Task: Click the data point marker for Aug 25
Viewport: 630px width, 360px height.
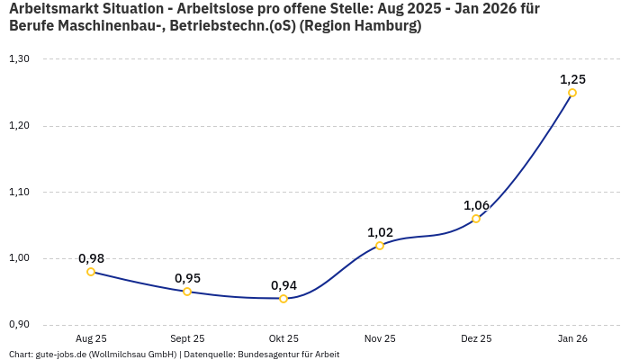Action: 91,272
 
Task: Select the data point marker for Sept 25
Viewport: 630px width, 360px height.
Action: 187,292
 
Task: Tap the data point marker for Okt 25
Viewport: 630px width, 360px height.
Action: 283,299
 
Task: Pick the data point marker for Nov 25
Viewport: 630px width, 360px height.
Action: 380,246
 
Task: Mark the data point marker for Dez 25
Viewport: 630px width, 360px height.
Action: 476,219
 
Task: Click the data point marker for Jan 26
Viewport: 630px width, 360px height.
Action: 572,93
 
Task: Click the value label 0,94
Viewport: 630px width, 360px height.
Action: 283,285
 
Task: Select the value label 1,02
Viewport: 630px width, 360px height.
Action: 380,232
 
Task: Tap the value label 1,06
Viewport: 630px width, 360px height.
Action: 476,205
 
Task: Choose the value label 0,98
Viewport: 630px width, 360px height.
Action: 91,258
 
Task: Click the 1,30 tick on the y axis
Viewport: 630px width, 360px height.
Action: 19,59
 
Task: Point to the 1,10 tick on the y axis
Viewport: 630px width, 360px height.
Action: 19,193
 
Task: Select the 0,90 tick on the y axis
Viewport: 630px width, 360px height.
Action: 19,325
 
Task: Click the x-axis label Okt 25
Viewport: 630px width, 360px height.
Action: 283,339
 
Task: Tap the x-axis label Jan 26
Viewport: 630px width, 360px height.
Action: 572,339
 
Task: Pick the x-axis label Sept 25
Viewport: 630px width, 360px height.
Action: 187,339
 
